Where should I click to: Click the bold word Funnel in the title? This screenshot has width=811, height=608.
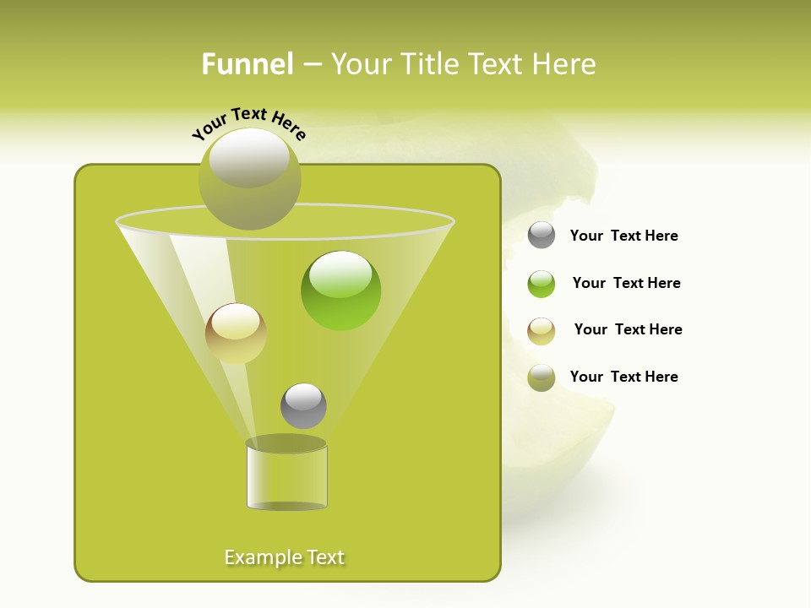pos(247,64)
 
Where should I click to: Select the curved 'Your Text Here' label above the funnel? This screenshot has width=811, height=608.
pos(248,124)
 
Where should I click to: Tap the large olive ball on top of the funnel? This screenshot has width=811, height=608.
pos(249,179)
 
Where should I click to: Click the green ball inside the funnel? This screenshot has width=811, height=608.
pos(340,291)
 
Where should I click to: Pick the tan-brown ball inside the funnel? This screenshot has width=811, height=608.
pos(236,334)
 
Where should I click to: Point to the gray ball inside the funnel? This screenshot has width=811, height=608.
pos(303,406)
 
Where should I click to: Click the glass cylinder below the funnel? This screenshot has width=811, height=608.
pos(286,478)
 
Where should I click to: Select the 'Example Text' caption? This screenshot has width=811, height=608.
pos(285,557)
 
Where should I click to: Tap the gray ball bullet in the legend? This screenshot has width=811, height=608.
pos(542,236)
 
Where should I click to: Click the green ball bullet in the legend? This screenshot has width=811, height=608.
pos(542,284)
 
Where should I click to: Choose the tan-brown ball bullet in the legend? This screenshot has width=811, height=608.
pos(542,331)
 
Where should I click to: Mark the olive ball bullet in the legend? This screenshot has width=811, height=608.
pos(542,377)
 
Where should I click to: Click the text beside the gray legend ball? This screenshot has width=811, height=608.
pos(623,236)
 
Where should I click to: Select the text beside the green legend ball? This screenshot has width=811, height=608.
pos(626,284)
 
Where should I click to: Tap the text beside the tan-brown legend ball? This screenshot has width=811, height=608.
pos(628,330)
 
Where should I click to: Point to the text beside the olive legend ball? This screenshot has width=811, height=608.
pos(623,377)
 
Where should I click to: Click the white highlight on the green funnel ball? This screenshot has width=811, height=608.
pos(340,274)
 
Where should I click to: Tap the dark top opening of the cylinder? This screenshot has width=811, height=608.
pos(286,443)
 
